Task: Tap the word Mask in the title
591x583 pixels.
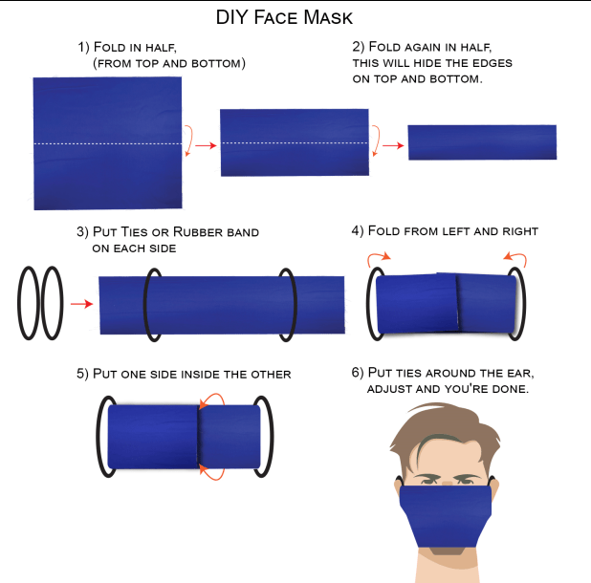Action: pyautogui.click(x=328, y=17)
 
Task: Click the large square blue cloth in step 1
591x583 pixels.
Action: pyautogui.click(x=107, y=143)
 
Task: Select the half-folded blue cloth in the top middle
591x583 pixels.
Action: pyautogui.click(x=295, y=142)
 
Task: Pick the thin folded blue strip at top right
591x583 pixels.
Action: pyautogui.click(x=482, y=142)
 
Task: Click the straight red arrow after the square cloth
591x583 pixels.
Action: pyautogui.click(x=206, y=145)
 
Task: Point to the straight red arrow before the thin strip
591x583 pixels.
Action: pyautogui.click(x=393, y=145)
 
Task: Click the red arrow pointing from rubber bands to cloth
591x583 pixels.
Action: pyautogui.click(x=82, y=304)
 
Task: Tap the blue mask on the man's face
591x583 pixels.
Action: pyautogui.click(x=446, y=516)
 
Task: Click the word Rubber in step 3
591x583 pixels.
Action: pyautogui.click(x=194, y=232)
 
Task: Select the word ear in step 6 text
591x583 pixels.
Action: pyautogui.click(x=520, y=373)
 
